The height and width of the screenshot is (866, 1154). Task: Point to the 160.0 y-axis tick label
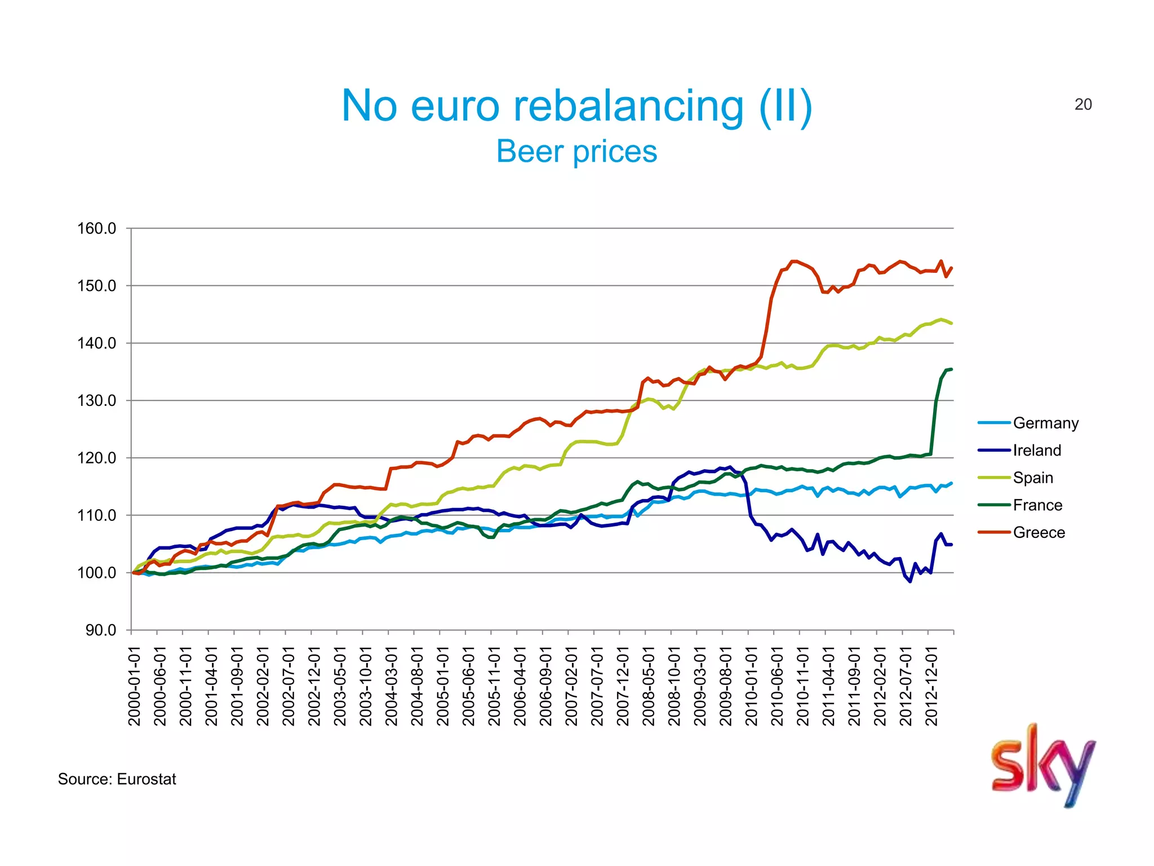click(x=96, y=228)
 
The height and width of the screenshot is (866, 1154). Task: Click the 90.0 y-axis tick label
click(x=101, y=630)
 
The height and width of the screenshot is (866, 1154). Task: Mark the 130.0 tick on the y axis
click(x=96, y=400)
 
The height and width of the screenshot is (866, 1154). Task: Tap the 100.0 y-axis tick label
click(x=96, y=572)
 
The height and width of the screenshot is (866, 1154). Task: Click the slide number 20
click(x=1083, y=104)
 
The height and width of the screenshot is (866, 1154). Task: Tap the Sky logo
click(x=1043, y=765)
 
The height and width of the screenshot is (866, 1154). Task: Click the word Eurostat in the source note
click(x=147, y=779)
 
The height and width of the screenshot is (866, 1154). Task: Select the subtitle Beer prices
click(x=576, y=151)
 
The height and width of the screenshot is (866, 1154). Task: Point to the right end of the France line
click(x=951, y=369)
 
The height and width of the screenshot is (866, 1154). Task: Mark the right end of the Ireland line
click(x=951, y=544)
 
